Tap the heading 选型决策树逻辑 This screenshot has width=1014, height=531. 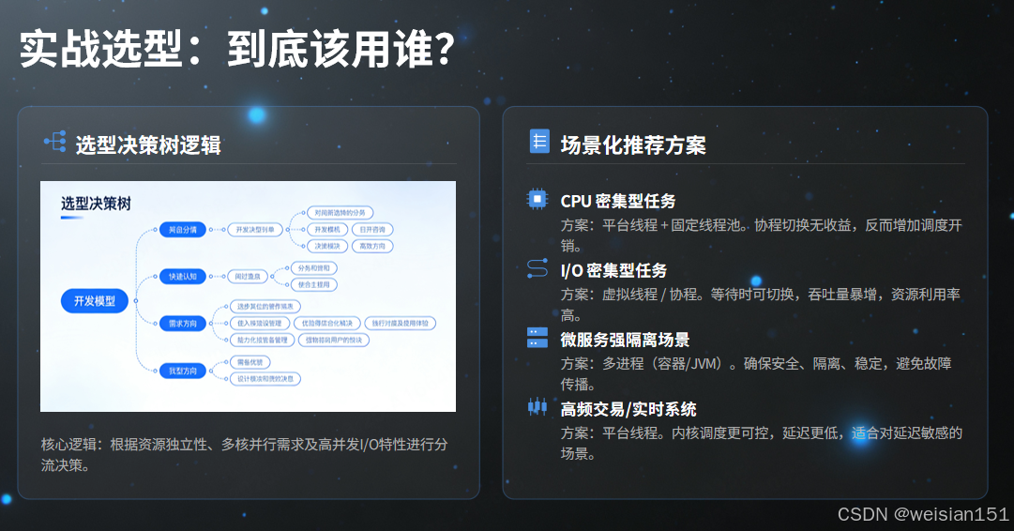point(147,144)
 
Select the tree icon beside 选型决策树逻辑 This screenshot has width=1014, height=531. point(54,143)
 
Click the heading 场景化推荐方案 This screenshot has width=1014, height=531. point(633,144)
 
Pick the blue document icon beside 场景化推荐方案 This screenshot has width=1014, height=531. point(539,142)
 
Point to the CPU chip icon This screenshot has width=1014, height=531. point(537,200)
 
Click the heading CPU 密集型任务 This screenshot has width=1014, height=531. point(617,201)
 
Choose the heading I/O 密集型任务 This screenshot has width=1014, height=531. point(613,270)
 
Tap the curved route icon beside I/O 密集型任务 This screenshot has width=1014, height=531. point(537,269)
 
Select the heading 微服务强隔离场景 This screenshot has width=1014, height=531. point(625,340)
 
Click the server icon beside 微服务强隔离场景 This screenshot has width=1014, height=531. point(537,339)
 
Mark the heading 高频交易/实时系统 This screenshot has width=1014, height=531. point(628,409)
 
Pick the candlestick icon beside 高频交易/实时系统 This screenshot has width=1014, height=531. point(537,407)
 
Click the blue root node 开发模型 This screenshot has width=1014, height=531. point(95,301)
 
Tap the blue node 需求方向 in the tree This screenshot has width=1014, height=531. point(183,323)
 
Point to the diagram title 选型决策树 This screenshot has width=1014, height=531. point(96,204)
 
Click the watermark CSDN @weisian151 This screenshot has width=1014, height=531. point(923,514)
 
